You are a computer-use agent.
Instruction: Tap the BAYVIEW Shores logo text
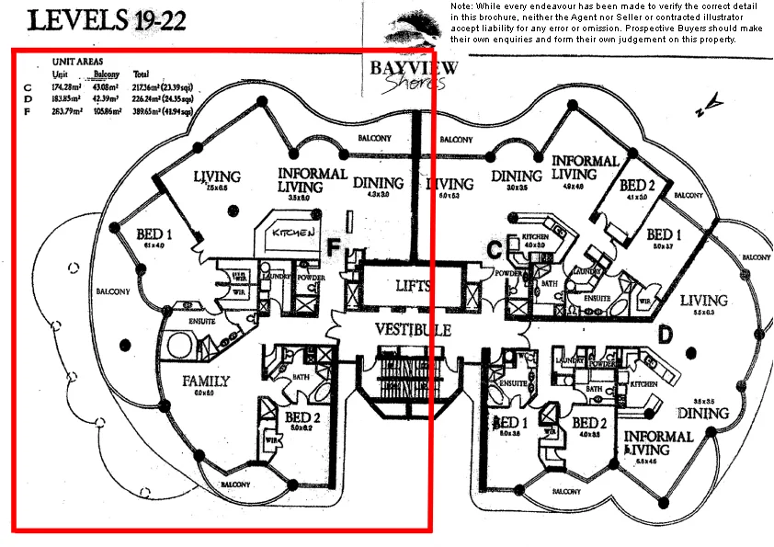pos(407,74)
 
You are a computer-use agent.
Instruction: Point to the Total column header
pos(142,74)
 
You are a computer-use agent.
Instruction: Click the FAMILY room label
pos(205,381)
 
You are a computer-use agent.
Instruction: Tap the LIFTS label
pos(413,286)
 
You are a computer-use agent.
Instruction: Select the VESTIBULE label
pos(413,329)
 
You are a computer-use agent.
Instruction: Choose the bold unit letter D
pos(665,336)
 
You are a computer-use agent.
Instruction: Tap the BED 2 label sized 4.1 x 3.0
pos(636,185)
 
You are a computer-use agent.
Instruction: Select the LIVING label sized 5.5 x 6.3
pos(704,302)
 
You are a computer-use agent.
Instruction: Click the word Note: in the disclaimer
pos(462,7)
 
